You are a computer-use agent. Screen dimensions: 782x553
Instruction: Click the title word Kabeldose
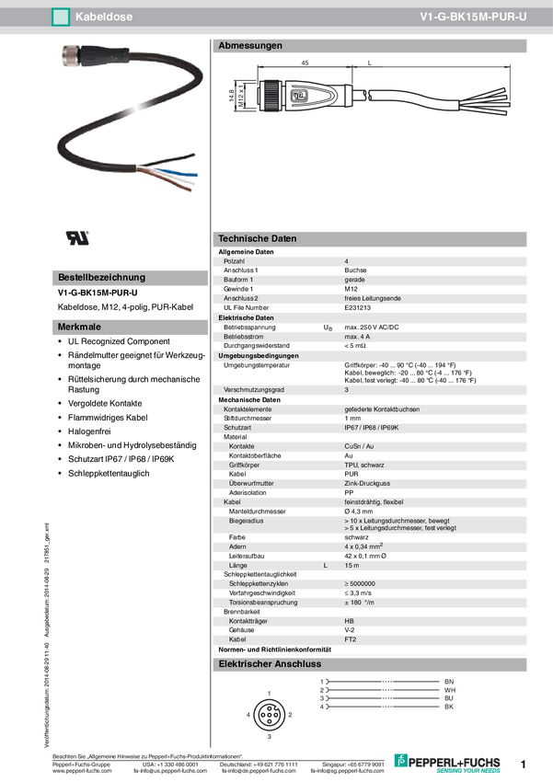click(x=100, y=16)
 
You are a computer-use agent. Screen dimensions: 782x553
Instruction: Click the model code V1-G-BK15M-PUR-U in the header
click(x=473, y=16)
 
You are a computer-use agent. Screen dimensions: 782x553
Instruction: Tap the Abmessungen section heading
click(x=250, y=45)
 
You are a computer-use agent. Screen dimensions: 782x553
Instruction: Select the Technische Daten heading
click(x=258, y=238)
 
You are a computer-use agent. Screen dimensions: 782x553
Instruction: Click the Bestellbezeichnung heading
click(x=101, y=277)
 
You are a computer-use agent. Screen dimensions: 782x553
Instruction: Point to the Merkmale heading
click(x=79, y=327)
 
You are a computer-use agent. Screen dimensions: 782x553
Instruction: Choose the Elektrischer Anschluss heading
click(x=270, y=663)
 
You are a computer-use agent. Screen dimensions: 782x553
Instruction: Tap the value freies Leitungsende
click(x=373, y=298)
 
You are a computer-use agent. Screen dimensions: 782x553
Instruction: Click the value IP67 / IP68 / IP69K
click(x=377, y=428)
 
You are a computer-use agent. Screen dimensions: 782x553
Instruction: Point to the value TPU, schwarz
click(x=364, y=466)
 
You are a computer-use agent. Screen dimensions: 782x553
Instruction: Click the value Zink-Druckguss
click(x=367, y=483)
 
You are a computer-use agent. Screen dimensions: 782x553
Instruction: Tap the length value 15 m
click(x=352, y=565)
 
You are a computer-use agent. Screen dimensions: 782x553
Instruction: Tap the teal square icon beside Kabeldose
click(x=61, y=16)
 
